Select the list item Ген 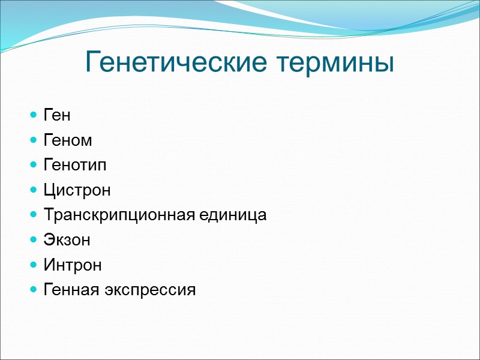(x=57, y=116)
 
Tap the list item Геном (x=68, y=141)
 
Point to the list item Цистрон (x=77, y=191)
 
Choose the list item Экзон (x=67, y=241)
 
